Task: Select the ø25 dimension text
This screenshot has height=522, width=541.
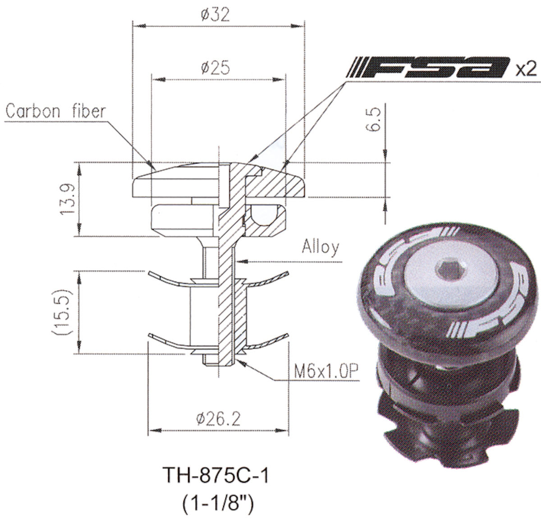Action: [x=215, y=68]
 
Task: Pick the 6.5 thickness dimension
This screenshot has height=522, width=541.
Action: [x=372, y=120]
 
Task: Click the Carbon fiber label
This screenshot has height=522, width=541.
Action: [x=55, y=111]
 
